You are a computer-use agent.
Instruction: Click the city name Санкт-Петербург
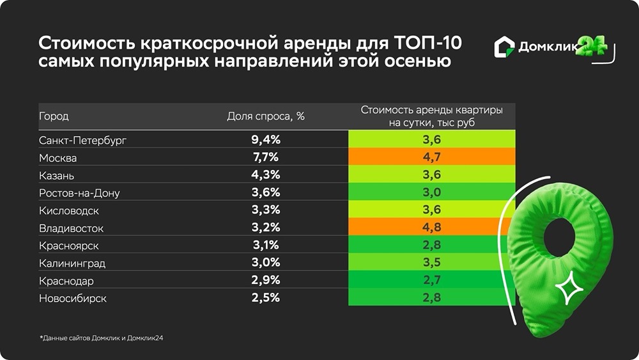79,140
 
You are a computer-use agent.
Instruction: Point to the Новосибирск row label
73,299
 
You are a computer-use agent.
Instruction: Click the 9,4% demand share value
266,140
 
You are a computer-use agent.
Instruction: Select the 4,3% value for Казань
266,175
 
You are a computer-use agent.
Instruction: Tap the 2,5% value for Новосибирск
266,299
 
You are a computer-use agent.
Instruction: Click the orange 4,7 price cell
432,157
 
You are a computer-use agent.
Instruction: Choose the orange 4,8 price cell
432,228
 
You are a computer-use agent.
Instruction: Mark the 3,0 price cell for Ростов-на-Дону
432,192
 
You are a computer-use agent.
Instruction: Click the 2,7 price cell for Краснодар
432,281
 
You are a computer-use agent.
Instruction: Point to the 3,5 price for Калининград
432,263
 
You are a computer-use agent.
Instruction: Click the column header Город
54,116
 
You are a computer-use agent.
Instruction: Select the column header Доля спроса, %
266,116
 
